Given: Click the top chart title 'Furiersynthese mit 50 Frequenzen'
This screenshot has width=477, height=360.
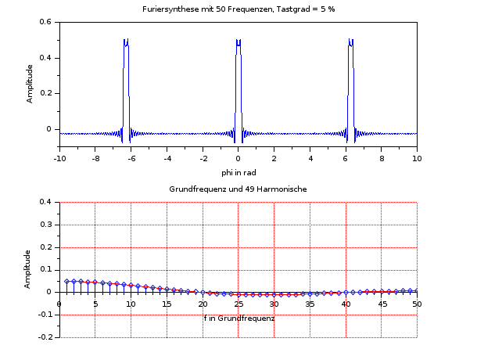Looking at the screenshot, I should coord(238,9).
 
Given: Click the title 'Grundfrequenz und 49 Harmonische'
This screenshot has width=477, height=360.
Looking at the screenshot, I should coord(238,189).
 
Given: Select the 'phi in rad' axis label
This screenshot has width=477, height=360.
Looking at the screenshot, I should coord(238,172).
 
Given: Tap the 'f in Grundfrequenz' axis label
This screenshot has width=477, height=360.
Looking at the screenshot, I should coord(239,319).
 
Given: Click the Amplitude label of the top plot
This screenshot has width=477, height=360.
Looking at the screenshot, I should coord(30,84).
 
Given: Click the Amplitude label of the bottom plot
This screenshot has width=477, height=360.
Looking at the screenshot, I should coord(30,269).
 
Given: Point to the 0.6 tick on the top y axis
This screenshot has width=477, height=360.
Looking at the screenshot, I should coord(46,22).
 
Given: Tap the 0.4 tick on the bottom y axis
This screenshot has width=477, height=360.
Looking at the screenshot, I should coord(46,203).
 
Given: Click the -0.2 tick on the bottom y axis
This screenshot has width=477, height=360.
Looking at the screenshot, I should coord(45,337).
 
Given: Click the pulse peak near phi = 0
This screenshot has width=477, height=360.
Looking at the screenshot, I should coord(238,41).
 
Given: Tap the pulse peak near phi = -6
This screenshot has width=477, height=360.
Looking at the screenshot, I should coord(126,41).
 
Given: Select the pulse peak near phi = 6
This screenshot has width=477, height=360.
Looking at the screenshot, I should coord(350,41).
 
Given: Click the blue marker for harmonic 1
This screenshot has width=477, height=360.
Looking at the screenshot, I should coord(67,281).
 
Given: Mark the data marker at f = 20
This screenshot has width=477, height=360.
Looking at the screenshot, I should coord(203,293).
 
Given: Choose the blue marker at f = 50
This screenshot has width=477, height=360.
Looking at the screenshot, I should coord(417,290).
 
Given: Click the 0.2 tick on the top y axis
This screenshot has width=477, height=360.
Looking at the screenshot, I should coord(46,93).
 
